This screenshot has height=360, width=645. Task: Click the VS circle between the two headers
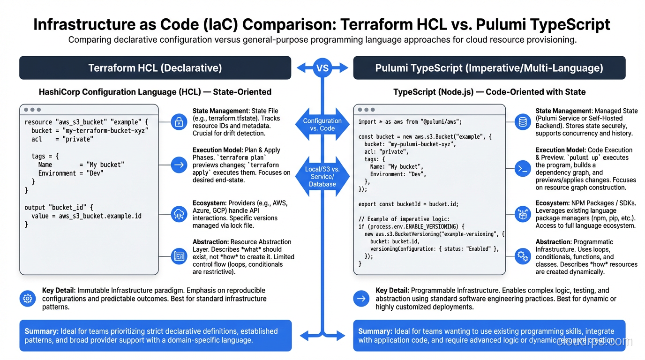[x=322, y=68]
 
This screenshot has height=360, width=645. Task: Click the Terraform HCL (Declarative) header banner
[x=155, y=68]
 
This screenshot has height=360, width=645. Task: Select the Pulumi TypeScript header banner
[x=489, y=68]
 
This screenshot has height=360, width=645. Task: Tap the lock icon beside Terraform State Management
[x=179, y=122]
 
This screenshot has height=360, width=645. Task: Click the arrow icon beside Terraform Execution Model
[x=179, y=165]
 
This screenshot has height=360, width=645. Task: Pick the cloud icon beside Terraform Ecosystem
[x=179, y=214]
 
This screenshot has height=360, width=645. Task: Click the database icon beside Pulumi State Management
[x=522, y=122]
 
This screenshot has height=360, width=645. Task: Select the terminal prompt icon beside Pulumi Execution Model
[x=522, y=169]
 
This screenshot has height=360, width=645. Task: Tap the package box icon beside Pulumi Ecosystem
[x=522, y=214]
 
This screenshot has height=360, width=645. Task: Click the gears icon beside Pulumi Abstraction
[x=522, y=256]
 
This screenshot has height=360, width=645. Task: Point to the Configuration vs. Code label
[x=322, y=124]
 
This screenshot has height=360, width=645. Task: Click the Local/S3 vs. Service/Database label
[x=322, y=177]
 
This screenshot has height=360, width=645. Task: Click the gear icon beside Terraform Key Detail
[x=28, y=298]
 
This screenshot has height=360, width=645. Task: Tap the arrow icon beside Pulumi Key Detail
[x=361, y=298]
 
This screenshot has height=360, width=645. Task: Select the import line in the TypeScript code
[x=410, y=122]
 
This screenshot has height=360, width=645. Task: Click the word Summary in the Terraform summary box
[x=41, y=331]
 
